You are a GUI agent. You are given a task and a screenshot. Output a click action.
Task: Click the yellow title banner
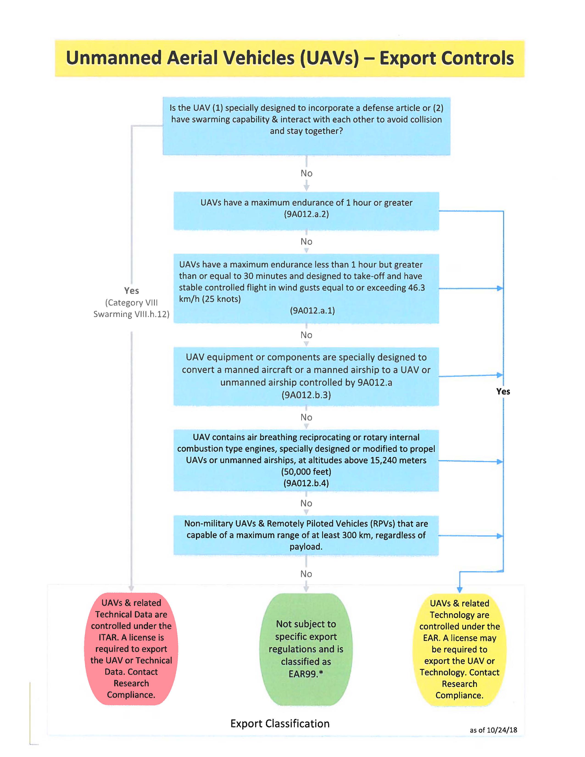click(290, 58)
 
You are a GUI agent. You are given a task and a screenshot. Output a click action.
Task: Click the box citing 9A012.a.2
click(306, 211)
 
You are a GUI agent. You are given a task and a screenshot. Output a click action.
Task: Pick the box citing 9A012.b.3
click(306, 376)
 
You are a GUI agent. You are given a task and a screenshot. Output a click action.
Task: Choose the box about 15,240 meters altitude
click(306, 461)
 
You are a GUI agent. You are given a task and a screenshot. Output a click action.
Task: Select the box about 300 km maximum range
click(306, 535)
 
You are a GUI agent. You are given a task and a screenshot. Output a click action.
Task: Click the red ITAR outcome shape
click(131, 649)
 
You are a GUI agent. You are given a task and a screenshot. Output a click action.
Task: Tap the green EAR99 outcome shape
click(306, 649)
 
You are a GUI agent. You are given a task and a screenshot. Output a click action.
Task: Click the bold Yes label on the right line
click(503, 391)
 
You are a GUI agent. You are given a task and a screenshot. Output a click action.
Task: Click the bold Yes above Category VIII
click(131, 290)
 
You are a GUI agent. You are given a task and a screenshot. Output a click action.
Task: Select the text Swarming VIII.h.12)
click(131, 314)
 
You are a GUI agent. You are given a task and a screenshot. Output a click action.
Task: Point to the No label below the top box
click(306, 173)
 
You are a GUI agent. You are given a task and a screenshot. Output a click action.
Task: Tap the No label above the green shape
click(306, 574)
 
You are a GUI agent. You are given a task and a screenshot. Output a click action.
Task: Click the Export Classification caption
click(280, 724)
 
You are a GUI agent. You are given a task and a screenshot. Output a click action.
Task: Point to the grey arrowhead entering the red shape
click(131, 589)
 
